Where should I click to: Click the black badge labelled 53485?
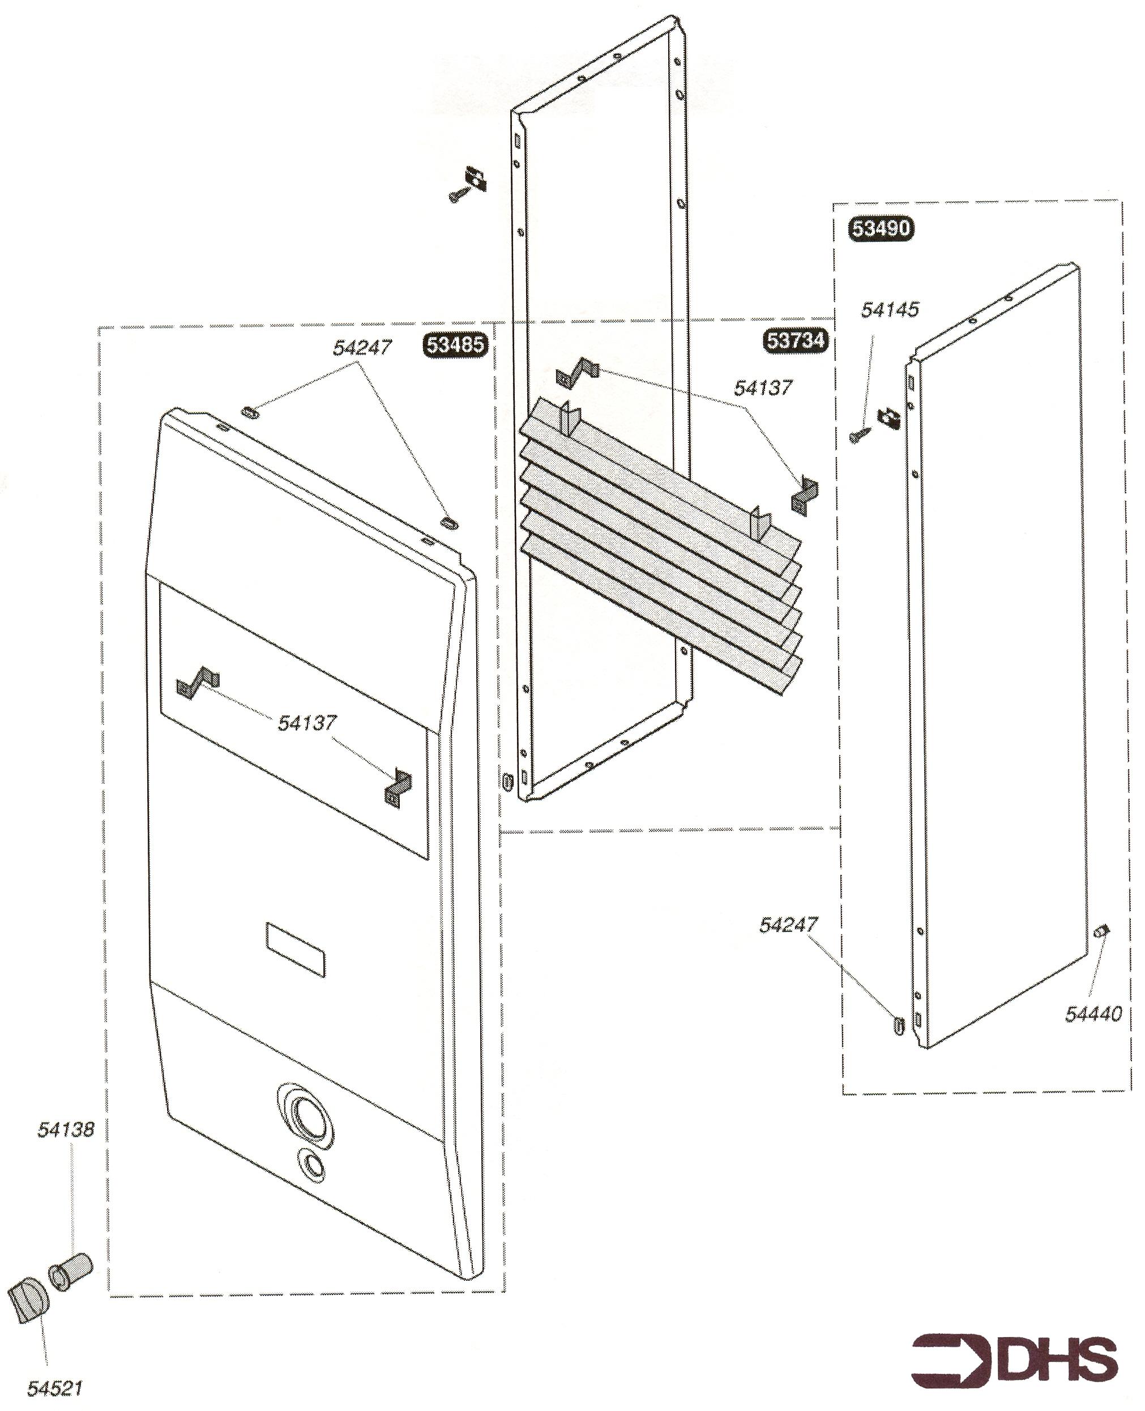(x=456, y=345)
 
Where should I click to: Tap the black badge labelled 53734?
(x=796, y=340)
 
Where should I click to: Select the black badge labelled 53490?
(x=881, y=229)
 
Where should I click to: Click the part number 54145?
(x=889, y=309)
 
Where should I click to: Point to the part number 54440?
(x=1093, y=1013)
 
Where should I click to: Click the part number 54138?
(x=65, y=1129)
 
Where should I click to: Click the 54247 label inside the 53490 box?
(x=788, y=924)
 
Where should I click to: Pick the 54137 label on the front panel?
(x=307, y=723)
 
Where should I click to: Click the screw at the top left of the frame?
(x=457, y=195)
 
